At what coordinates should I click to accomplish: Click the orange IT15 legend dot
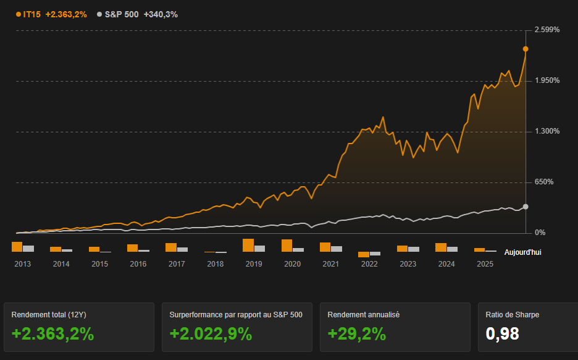coord(19,14)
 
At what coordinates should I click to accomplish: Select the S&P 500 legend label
coord(122,14)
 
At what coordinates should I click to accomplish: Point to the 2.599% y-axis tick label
coord(547,30)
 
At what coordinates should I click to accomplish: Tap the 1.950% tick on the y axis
coord(547,80)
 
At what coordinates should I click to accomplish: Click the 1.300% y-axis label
coord(547,131)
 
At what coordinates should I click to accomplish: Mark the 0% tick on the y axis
coord(540,233)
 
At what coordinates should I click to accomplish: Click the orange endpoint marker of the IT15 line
coord(526,49)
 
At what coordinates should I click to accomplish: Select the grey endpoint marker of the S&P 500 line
coord(526,207)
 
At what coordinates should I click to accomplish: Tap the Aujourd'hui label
coord(522,252)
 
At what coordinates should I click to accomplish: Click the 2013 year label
coord(23,264)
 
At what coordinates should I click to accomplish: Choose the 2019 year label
coord(254,264)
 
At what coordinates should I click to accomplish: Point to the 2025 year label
coord(485,264)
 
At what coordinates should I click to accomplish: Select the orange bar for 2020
coord(287,246)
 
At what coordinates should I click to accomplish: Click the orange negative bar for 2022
coord(363,254)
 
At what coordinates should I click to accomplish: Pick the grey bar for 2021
coord(337,249)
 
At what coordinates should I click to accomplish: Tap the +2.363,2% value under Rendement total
coord(52,334)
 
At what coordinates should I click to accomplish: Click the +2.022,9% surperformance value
coord(211,334)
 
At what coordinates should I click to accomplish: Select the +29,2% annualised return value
coord(356,334)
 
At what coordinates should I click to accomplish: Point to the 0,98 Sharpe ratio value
coord(502,334)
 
